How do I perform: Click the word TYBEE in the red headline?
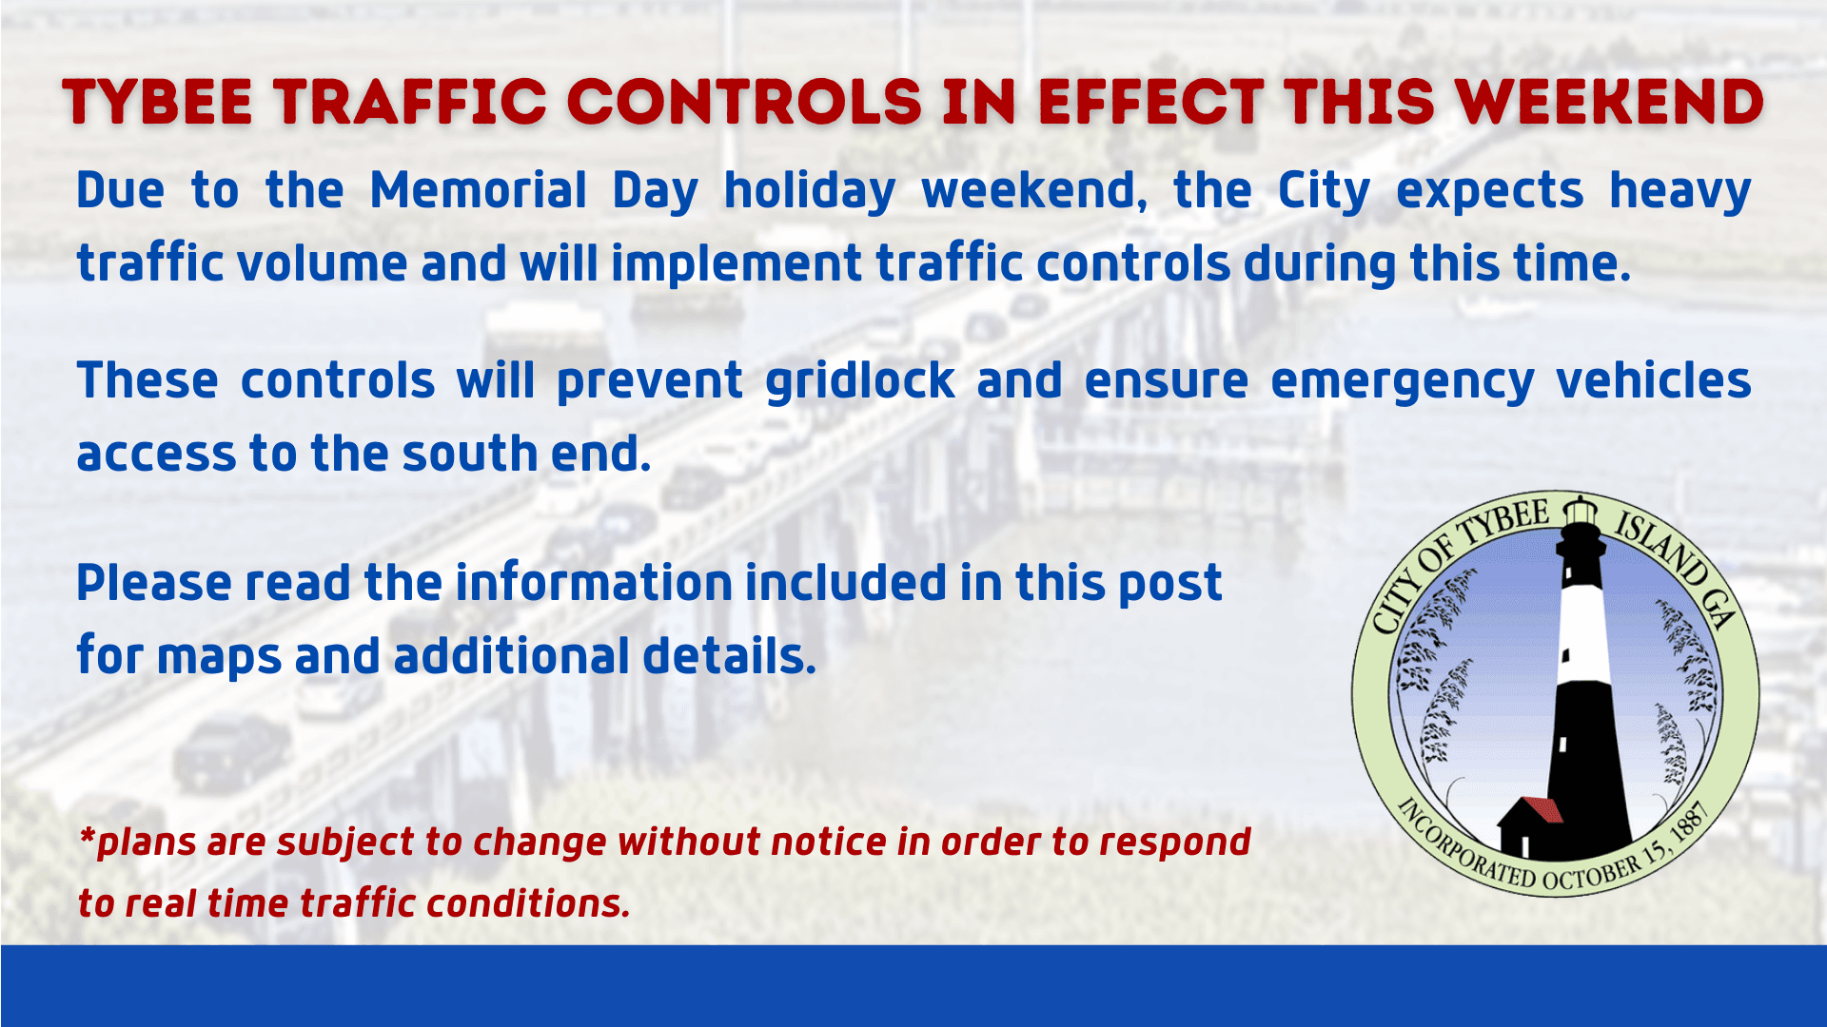coord(158,103)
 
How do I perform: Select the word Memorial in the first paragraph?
coord(478,190)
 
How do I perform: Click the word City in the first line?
coord(1323,192)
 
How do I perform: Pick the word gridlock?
coord(859,380)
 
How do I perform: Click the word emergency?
coord(1402,382)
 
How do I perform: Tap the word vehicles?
coord(1653,380)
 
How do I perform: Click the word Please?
coord(153,583)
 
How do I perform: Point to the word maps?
coord(219,658)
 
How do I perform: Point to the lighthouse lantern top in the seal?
coord(1581,511)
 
